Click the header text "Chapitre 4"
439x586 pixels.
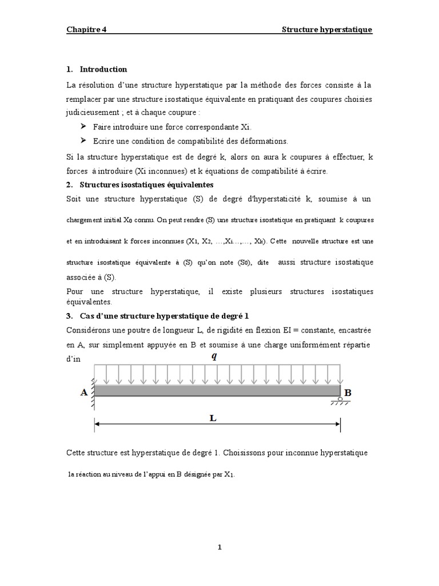(x=86, y=30)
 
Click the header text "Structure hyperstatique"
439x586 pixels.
(x=327, y=30)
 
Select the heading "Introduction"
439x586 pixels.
(x=103, y=69)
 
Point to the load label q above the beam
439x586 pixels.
(x=214, y=356)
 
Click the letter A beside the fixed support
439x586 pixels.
(x=85, y=393)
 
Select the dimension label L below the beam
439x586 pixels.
(x=213, y=418)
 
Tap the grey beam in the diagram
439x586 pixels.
(x=217, y=390)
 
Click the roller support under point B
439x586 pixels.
(x=340, y=399)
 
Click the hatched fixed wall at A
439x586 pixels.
(x=91, y=391)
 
